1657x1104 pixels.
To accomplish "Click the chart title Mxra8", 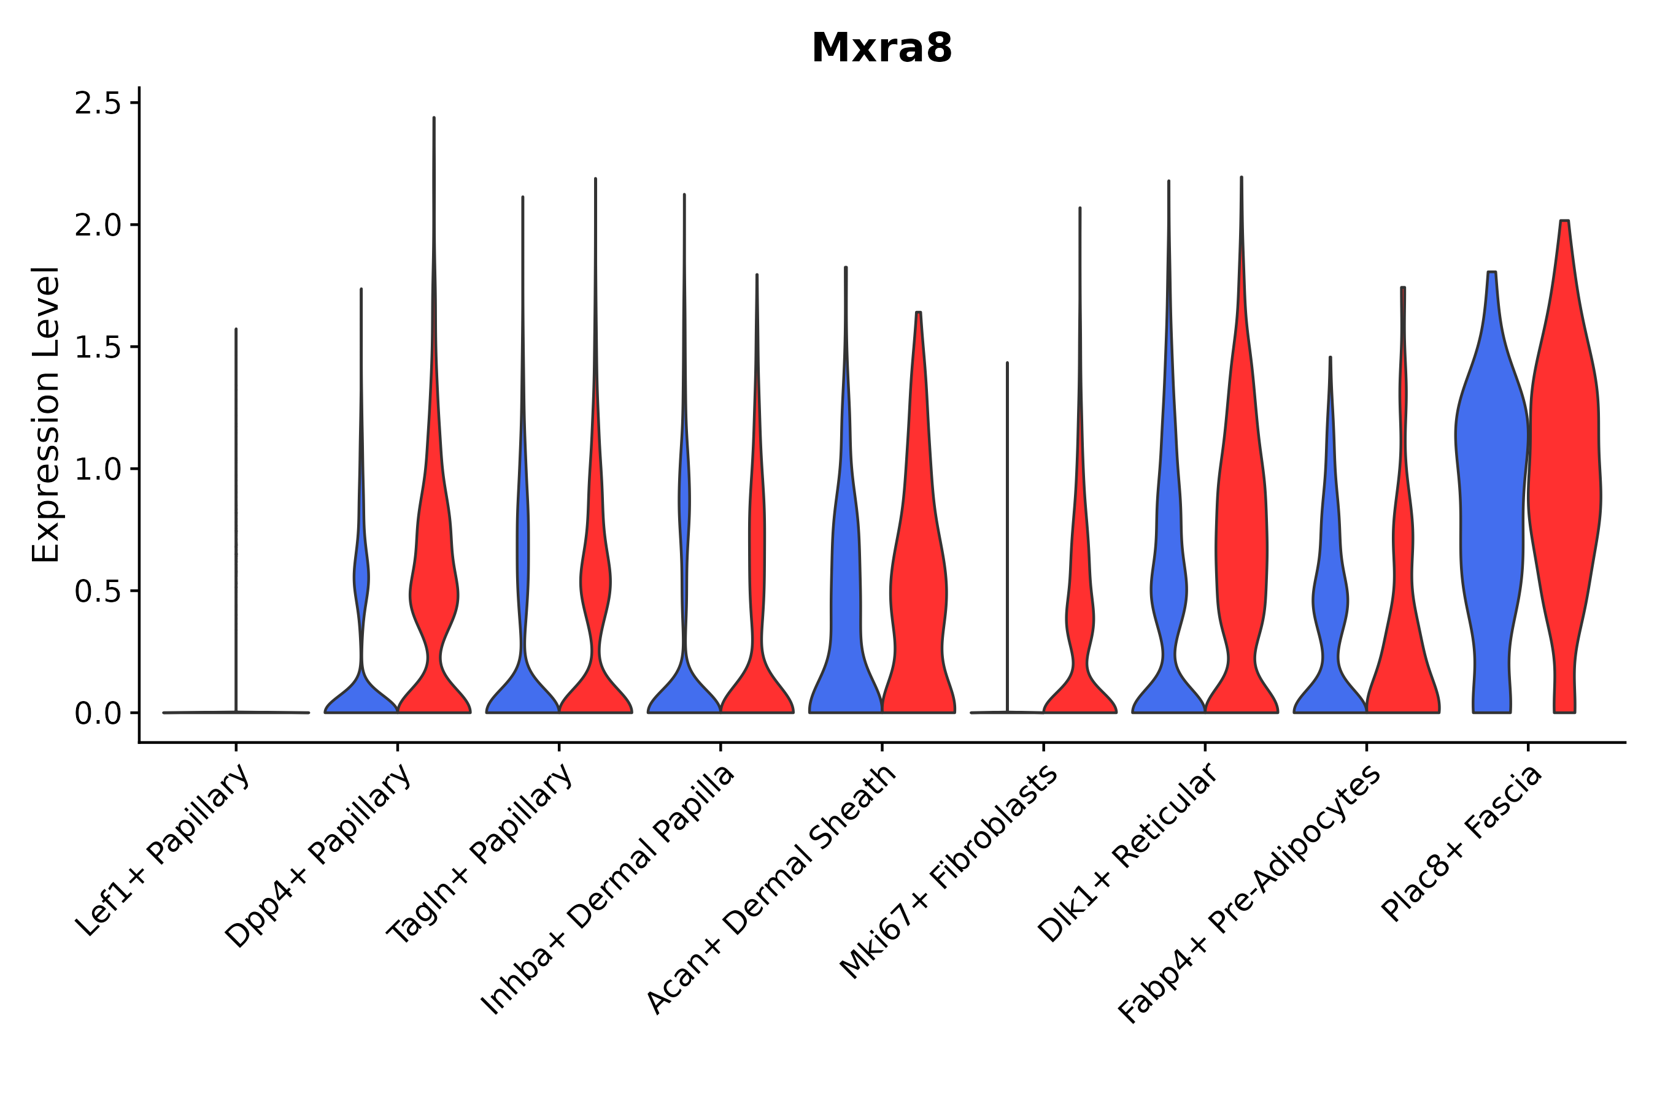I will (881, 48).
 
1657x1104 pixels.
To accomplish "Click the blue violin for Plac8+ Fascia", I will (1491, 493).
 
